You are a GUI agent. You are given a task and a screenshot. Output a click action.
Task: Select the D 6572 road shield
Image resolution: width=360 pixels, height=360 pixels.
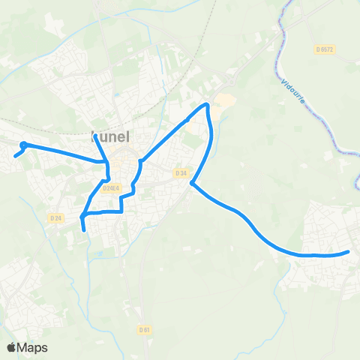click(x=324, y=49)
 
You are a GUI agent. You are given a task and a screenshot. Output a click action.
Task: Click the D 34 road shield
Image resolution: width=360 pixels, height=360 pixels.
click(x=180, y=172)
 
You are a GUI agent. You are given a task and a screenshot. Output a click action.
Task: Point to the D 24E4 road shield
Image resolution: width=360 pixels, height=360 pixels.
click(x=111, y=188)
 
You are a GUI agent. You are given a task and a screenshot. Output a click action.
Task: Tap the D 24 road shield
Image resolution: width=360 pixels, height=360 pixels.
click(x=55, y=218)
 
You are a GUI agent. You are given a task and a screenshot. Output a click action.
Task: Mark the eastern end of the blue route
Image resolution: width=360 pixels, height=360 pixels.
click(x=349, y=252)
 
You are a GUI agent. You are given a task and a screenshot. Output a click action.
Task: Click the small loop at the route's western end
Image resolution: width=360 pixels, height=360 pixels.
click(x=24, y=145)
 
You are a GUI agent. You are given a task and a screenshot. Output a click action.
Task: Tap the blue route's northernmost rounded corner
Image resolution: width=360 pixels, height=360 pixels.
click(x=207, y=105)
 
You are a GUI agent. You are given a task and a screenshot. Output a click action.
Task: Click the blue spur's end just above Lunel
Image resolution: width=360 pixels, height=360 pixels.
click(x=95, y=136)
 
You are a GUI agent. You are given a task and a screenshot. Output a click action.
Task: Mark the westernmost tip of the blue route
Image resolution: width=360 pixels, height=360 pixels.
click(x=15, y=156)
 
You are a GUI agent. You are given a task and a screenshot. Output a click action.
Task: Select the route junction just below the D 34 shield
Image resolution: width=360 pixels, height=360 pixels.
click(x=192, y=182)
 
